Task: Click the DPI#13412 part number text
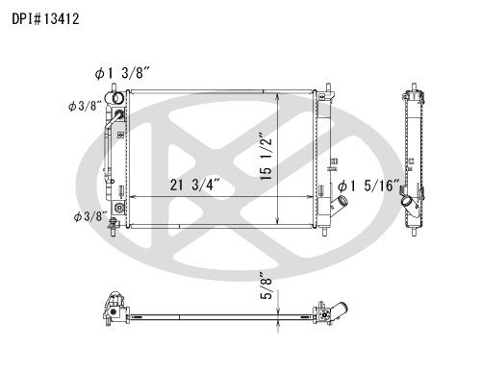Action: pyautogui.click(x=45, y=19)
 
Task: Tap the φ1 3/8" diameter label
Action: pyautogui.click(x=122, y=74)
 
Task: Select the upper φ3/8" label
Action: pyautogui.click(x=85, y=106)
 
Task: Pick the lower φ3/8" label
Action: pyautogui.click(x=90, y=216)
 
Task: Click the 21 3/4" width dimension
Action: pyautogui.click(x=195, y=185)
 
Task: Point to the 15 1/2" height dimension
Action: pyautogui.click(x=266, y=156)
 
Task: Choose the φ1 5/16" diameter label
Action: pyautogui.click(x=369, y=186)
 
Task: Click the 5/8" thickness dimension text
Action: pyautogui.click(x=266, y=285)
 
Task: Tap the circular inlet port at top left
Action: pyautogui.click(x=117, y=98)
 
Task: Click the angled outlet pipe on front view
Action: pyautogui.click(x=340, y=206)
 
